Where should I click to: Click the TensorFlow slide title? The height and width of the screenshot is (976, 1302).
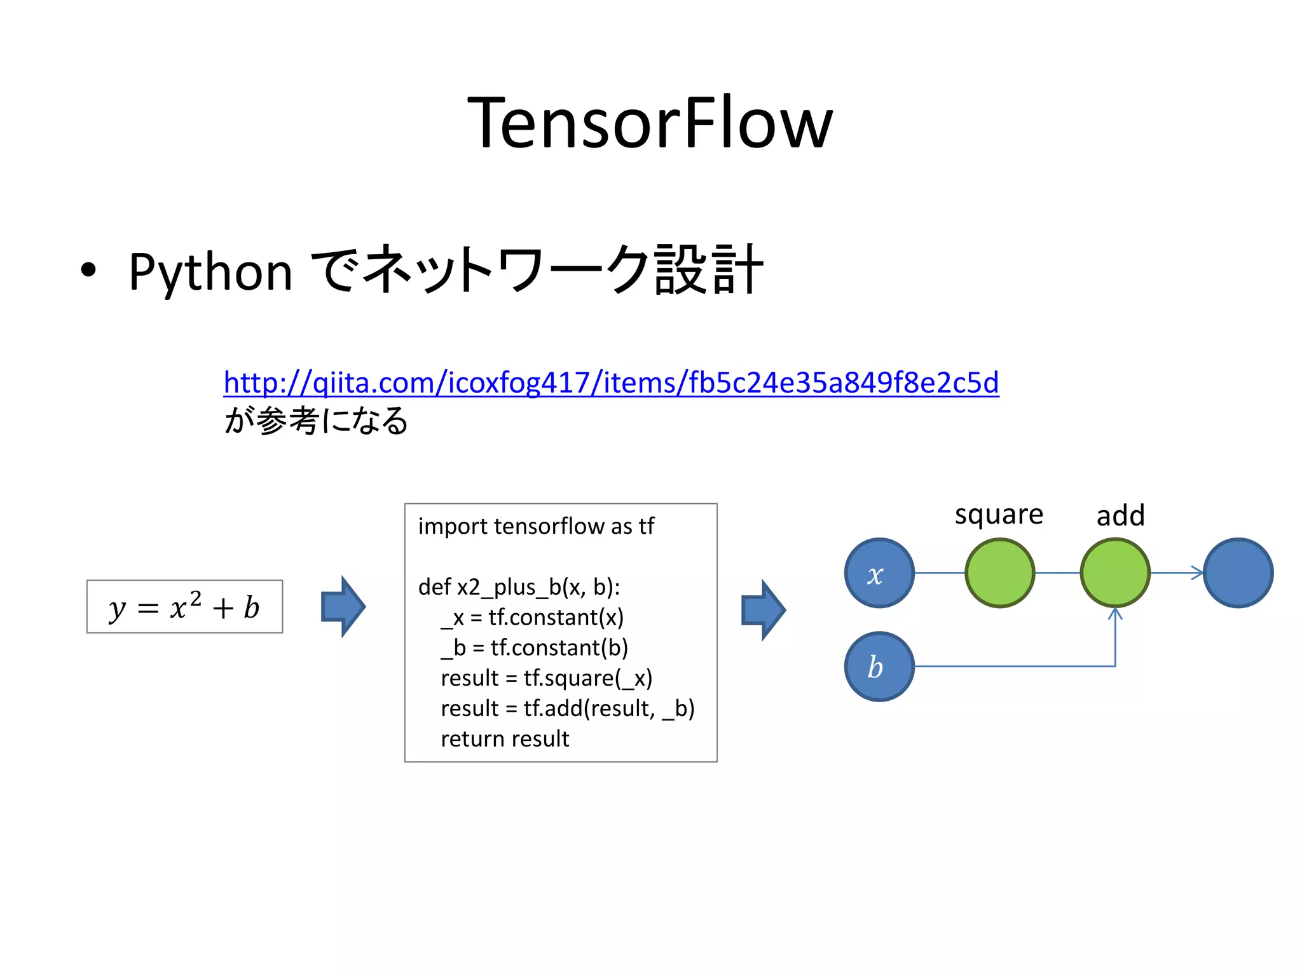pyautogui.click(x=650, y=123)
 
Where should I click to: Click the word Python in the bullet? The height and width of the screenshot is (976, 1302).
pyautogui.click(x=210, y=272)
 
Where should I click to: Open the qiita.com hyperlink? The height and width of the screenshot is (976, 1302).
pyautogui.click(x=611, y=383)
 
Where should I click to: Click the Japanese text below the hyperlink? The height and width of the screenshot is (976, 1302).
pyautogui.click(x=316, y=421)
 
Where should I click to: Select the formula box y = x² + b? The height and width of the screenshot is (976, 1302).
pyautogui.click(x=184, y=607)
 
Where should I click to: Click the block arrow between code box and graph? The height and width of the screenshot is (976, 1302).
pyautogui.click(x=764, y=610)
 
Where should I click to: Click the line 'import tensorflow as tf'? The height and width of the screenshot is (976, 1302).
pyautogui.click(x=536, y=526)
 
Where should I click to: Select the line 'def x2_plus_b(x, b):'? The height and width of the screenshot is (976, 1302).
pyautogui.click(x=519, y=586)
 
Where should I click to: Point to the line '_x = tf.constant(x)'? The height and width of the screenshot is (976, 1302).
pyautogui.click(x=532, y=617)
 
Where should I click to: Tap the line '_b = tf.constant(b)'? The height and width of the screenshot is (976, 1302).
pyautogui.click(x=534, y=647)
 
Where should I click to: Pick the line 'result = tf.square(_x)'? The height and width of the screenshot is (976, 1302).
pyautogui.click(x=546, y=678)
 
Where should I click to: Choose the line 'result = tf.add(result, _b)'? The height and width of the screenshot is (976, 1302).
pyautogui.click(x=567, y=708)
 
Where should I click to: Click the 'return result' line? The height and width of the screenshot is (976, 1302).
pyautogui.click(x=505, y=739)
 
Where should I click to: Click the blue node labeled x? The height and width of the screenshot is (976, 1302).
pyautogui.click(x=879, y=573)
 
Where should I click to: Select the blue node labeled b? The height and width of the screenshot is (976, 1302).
pyautogui.click(x=879, y=667)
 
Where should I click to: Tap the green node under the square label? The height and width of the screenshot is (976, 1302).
pyautogui.click(x=999, y=573)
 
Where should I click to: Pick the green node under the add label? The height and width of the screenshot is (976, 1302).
pyautogui.click(x=1115, y=573)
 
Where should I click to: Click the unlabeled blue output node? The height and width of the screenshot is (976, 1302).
pyautogui.click(x=1238, y=573)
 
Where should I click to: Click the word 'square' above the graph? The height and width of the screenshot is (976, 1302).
pyautogui.click(x=999, y=515)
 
